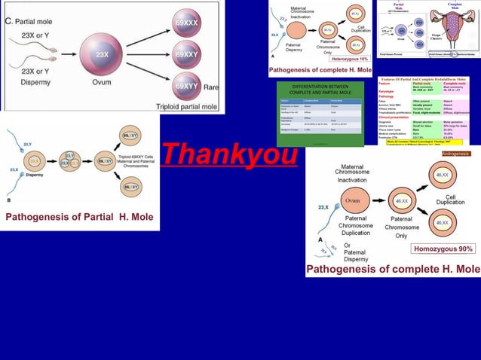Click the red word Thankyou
pyautogui.click(x=230, y=154)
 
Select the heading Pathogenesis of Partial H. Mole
pyautogui.click(x=80, y=217)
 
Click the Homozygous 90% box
pyautogui.click(x=443, y=249)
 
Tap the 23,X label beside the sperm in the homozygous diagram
pyautogui.click(x=323, y=206)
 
